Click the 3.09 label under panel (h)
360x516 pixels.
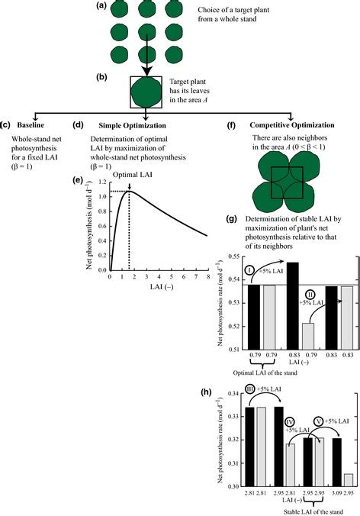[333, 494]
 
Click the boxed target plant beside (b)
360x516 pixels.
[146, 92]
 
